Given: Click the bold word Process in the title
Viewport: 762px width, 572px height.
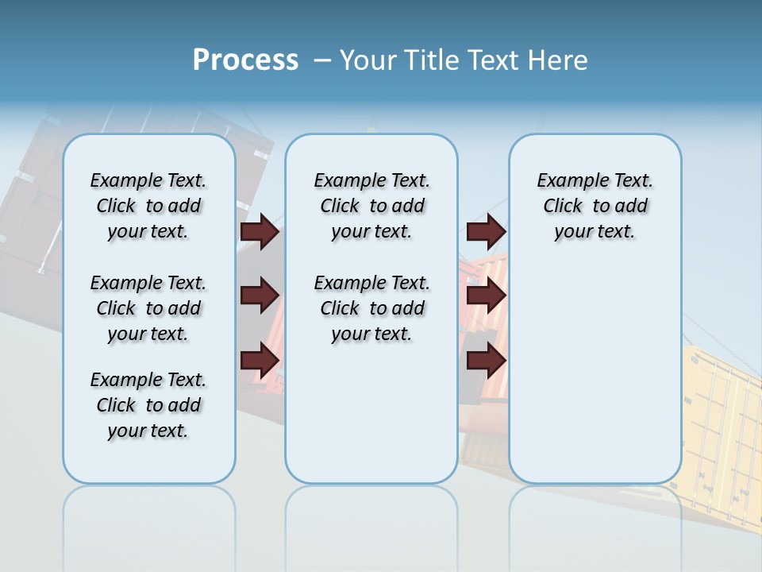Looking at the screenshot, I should pos(245,60).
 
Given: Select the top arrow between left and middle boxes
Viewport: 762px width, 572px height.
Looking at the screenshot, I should pos(260,231).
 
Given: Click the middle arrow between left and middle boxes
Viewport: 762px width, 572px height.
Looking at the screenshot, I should pos(260,296).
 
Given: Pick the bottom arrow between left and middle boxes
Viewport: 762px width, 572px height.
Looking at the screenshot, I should pos(260,361).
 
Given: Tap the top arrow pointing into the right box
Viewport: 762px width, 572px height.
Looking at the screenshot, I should pos(486,231).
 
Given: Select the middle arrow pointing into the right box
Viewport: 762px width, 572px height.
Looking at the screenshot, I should pos(486,296).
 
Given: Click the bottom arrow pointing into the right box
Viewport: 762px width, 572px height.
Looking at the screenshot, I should pos(486,361).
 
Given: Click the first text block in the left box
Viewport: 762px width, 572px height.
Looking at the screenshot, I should pos(148,206).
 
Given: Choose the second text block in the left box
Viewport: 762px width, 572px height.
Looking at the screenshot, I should pos(148,308).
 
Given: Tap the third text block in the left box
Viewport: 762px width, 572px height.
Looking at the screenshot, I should pos(148,405).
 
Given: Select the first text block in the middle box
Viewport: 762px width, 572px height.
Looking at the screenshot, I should pos(371,206).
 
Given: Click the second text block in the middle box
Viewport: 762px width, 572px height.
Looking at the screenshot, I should pos(371,308).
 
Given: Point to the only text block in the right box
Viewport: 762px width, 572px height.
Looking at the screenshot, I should pos(595,206).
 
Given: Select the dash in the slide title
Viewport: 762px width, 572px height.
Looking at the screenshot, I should pos(322,60).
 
